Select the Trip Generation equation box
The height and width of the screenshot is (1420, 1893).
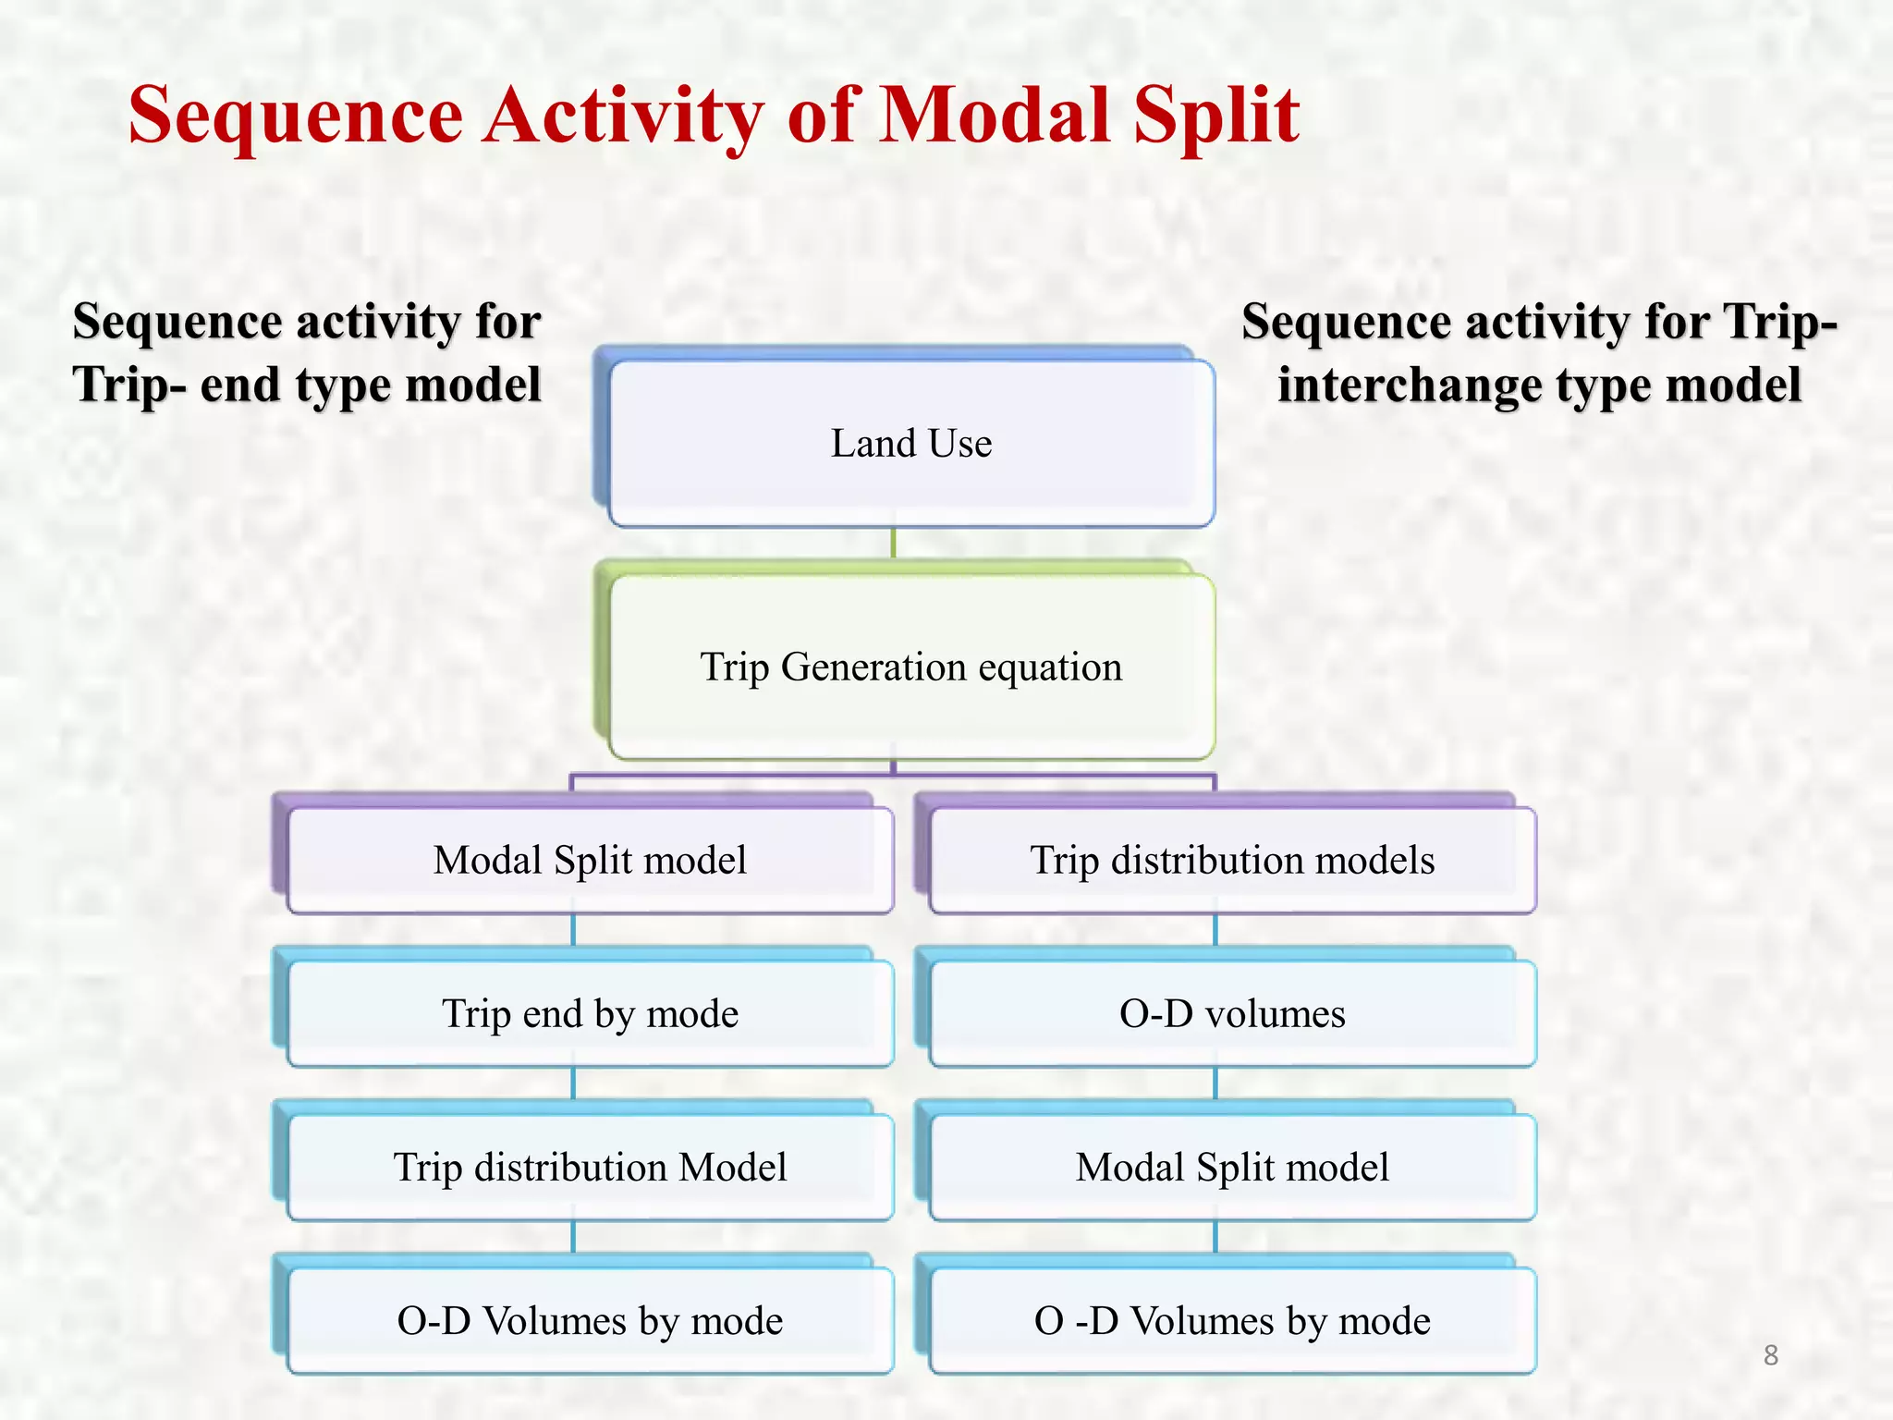(910, 667)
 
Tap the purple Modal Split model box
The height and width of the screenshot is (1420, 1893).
(590, 860)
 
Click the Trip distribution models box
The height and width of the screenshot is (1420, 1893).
(1232, 860)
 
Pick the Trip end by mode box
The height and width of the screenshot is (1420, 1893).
(590, 1013)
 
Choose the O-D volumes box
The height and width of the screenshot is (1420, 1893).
(1232, 1013)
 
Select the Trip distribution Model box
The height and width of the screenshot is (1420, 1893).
(590, 1167)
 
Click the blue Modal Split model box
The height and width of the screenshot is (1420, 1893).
(1232, 1167)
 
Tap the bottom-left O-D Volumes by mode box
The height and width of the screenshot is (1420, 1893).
(590, 1320)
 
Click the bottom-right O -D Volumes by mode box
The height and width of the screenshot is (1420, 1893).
(1232, 1320)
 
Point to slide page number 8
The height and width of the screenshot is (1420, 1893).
(1770, 1355)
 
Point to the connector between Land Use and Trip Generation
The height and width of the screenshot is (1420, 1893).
(893, 544)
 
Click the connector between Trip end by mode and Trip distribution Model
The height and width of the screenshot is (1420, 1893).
(573, 1083)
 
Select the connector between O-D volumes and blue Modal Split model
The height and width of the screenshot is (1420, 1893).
(1215, 1083)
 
